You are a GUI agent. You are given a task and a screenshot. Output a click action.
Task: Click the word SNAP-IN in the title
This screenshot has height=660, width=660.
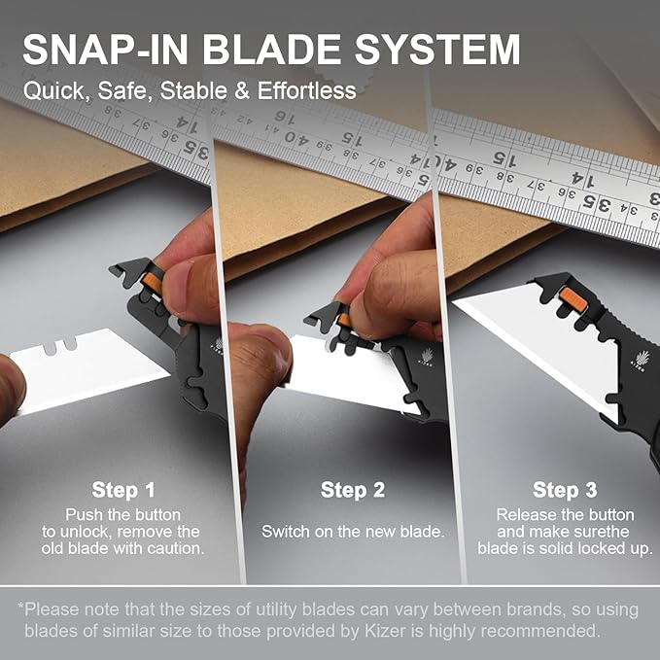coord(105,50)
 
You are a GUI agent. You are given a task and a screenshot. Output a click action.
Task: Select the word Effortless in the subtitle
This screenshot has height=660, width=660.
coord(307,90)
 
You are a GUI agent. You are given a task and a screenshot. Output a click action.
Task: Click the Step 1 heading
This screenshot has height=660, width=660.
coord(123,490)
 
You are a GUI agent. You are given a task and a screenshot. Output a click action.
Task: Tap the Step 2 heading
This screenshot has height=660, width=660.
coord(353,490)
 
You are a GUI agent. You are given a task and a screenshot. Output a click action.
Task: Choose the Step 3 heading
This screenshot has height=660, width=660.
coord(565,490)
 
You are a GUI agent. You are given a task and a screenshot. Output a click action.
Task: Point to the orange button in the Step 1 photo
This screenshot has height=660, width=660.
coord(153,283)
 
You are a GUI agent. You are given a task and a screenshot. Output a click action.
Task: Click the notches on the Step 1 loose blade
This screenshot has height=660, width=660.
coord(60,346)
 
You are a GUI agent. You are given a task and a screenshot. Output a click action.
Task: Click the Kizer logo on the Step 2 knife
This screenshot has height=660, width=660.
coord(427,357)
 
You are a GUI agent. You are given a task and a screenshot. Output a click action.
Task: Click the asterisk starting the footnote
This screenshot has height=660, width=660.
coord(20,607)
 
